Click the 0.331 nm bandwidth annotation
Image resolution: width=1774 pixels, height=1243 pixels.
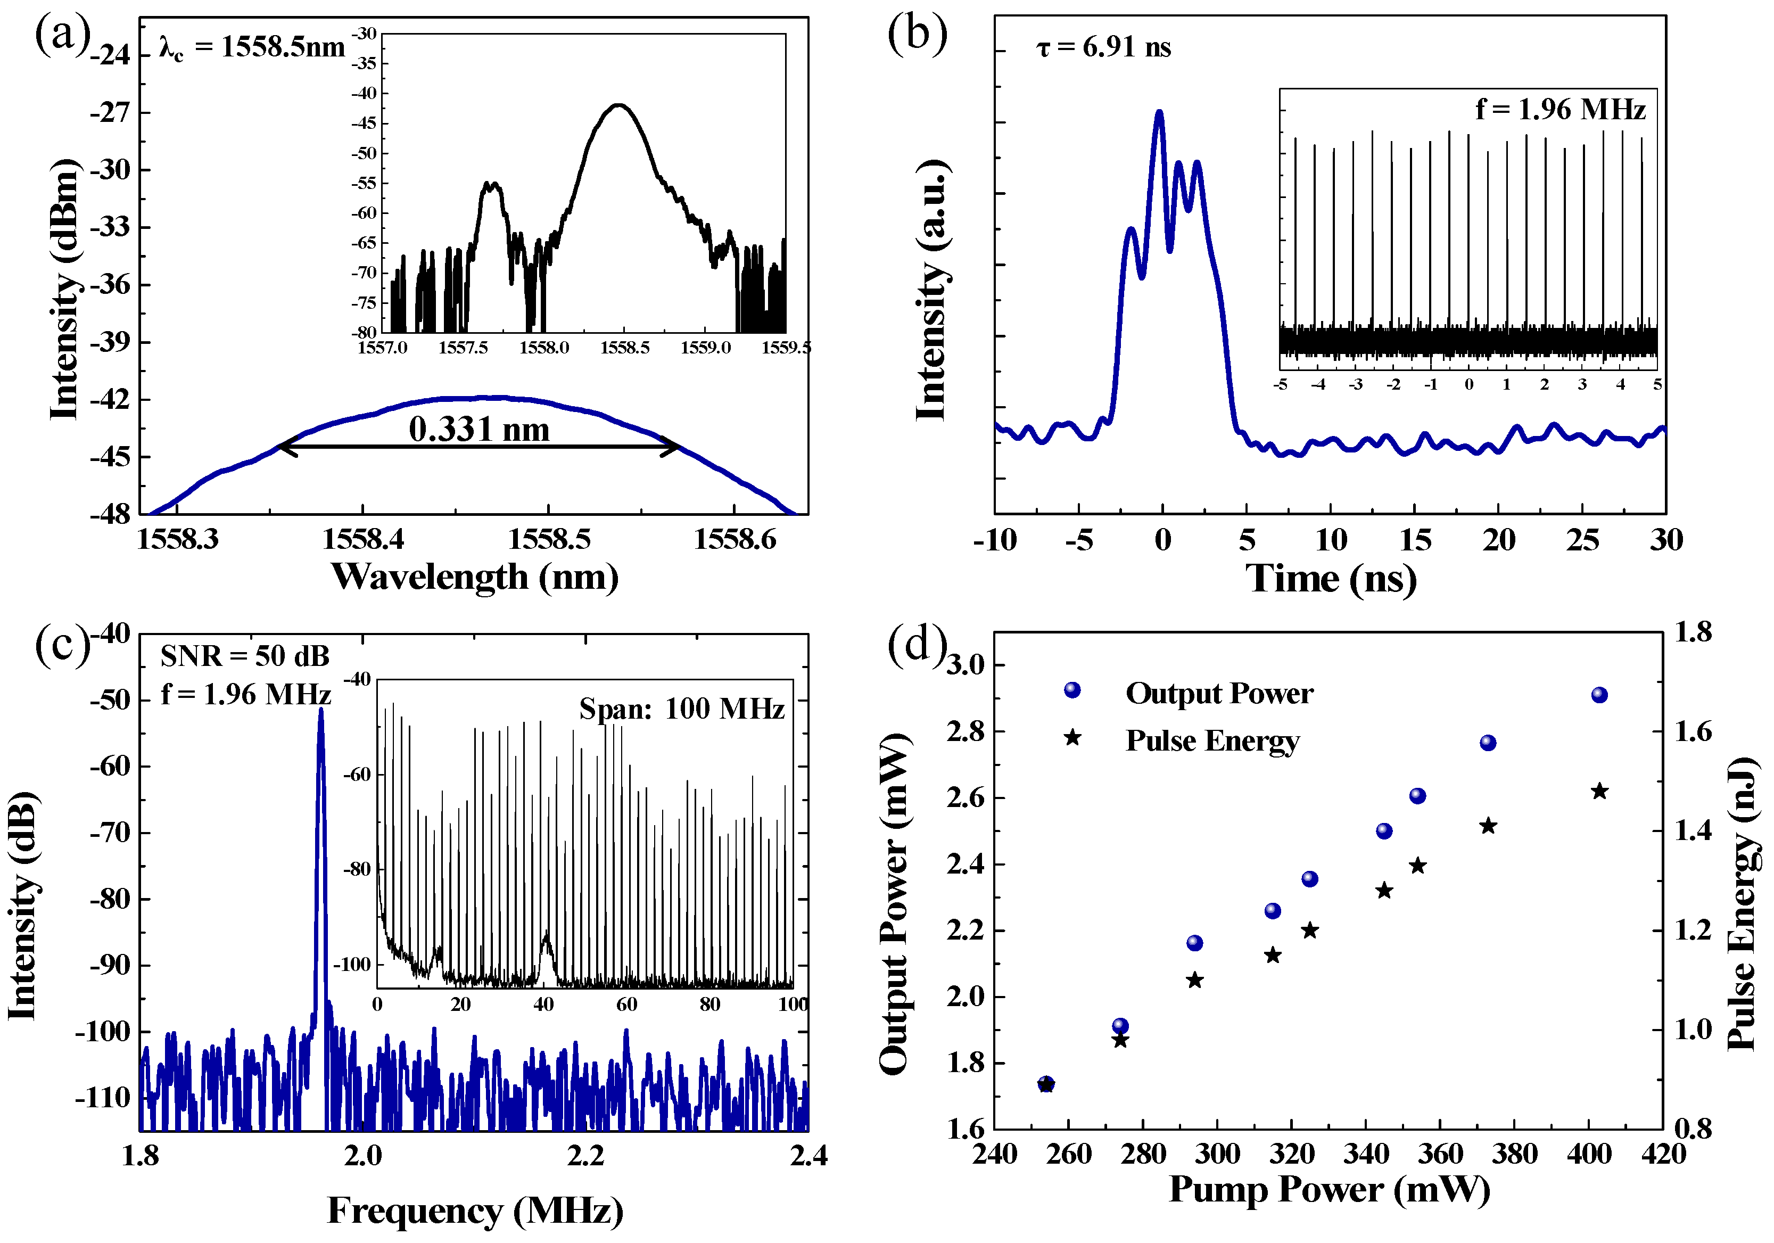coord(479,430)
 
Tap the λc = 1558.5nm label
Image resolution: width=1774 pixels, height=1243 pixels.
coord(252,48)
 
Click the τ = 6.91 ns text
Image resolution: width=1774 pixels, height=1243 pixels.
coord(1103,48)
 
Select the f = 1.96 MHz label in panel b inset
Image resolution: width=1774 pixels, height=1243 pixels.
coord(1560,110)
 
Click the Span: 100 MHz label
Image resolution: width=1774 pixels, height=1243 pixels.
coord(681,709)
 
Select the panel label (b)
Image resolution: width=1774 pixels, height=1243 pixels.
coord(917,35)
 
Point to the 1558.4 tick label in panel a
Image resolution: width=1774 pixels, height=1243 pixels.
coord(363,540)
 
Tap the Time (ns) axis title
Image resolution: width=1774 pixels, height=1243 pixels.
coord(1331,578)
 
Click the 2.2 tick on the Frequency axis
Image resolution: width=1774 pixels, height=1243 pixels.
coord(585,1156)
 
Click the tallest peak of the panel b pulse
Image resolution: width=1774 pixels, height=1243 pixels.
coord(1159,113)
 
